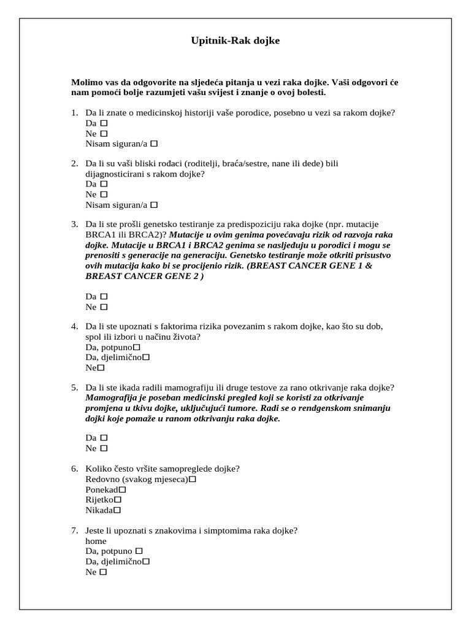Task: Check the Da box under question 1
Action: [x=104, y=123]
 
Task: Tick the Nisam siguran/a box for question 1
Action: [x=154, y=144]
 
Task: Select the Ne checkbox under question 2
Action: [x=104, y=194]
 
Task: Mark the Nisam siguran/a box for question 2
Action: [x=154, y=204]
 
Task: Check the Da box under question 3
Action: [x=104, y=296]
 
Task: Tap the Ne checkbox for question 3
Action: [x=104, y=307]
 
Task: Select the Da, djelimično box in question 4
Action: [x=146, y=357]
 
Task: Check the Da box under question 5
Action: [x=104, y=438]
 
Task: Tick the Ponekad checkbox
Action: [x=122, y=489]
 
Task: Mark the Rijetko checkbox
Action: [x=118, y=499]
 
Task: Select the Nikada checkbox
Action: [x=117, y=510]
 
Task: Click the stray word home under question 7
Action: [x=96, y=541]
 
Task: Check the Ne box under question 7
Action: [x=103, y=572]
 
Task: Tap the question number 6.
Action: [x=74, y=469]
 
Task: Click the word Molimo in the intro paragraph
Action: [x=85, y=82]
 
